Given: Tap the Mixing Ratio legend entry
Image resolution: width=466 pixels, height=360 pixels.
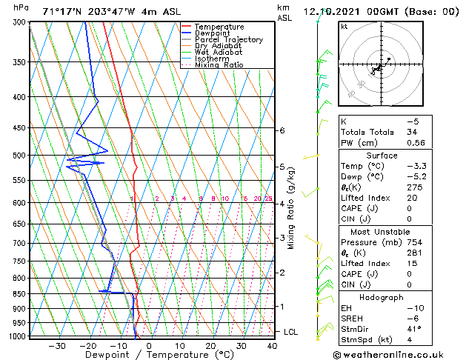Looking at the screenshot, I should [x=219, y=65].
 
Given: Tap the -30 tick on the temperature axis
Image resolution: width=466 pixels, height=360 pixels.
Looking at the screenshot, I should [x=57, y=346].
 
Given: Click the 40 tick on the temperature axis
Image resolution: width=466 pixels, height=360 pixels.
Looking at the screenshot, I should [x=273, y=346].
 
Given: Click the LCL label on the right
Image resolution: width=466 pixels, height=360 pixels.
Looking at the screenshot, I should [x=290, y=332].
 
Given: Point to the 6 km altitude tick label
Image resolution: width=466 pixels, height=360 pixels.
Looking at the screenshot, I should [x=282, y=130].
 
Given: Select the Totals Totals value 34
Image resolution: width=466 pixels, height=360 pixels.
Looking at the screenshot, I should [x=412, y=132].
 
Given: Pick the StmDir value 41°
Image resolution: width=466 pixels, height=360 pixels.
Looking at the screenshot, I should [x=414, y=329].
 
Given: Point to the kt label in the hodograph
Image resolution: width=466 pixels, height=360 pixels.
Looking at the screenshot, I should [x=344, y=27].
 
